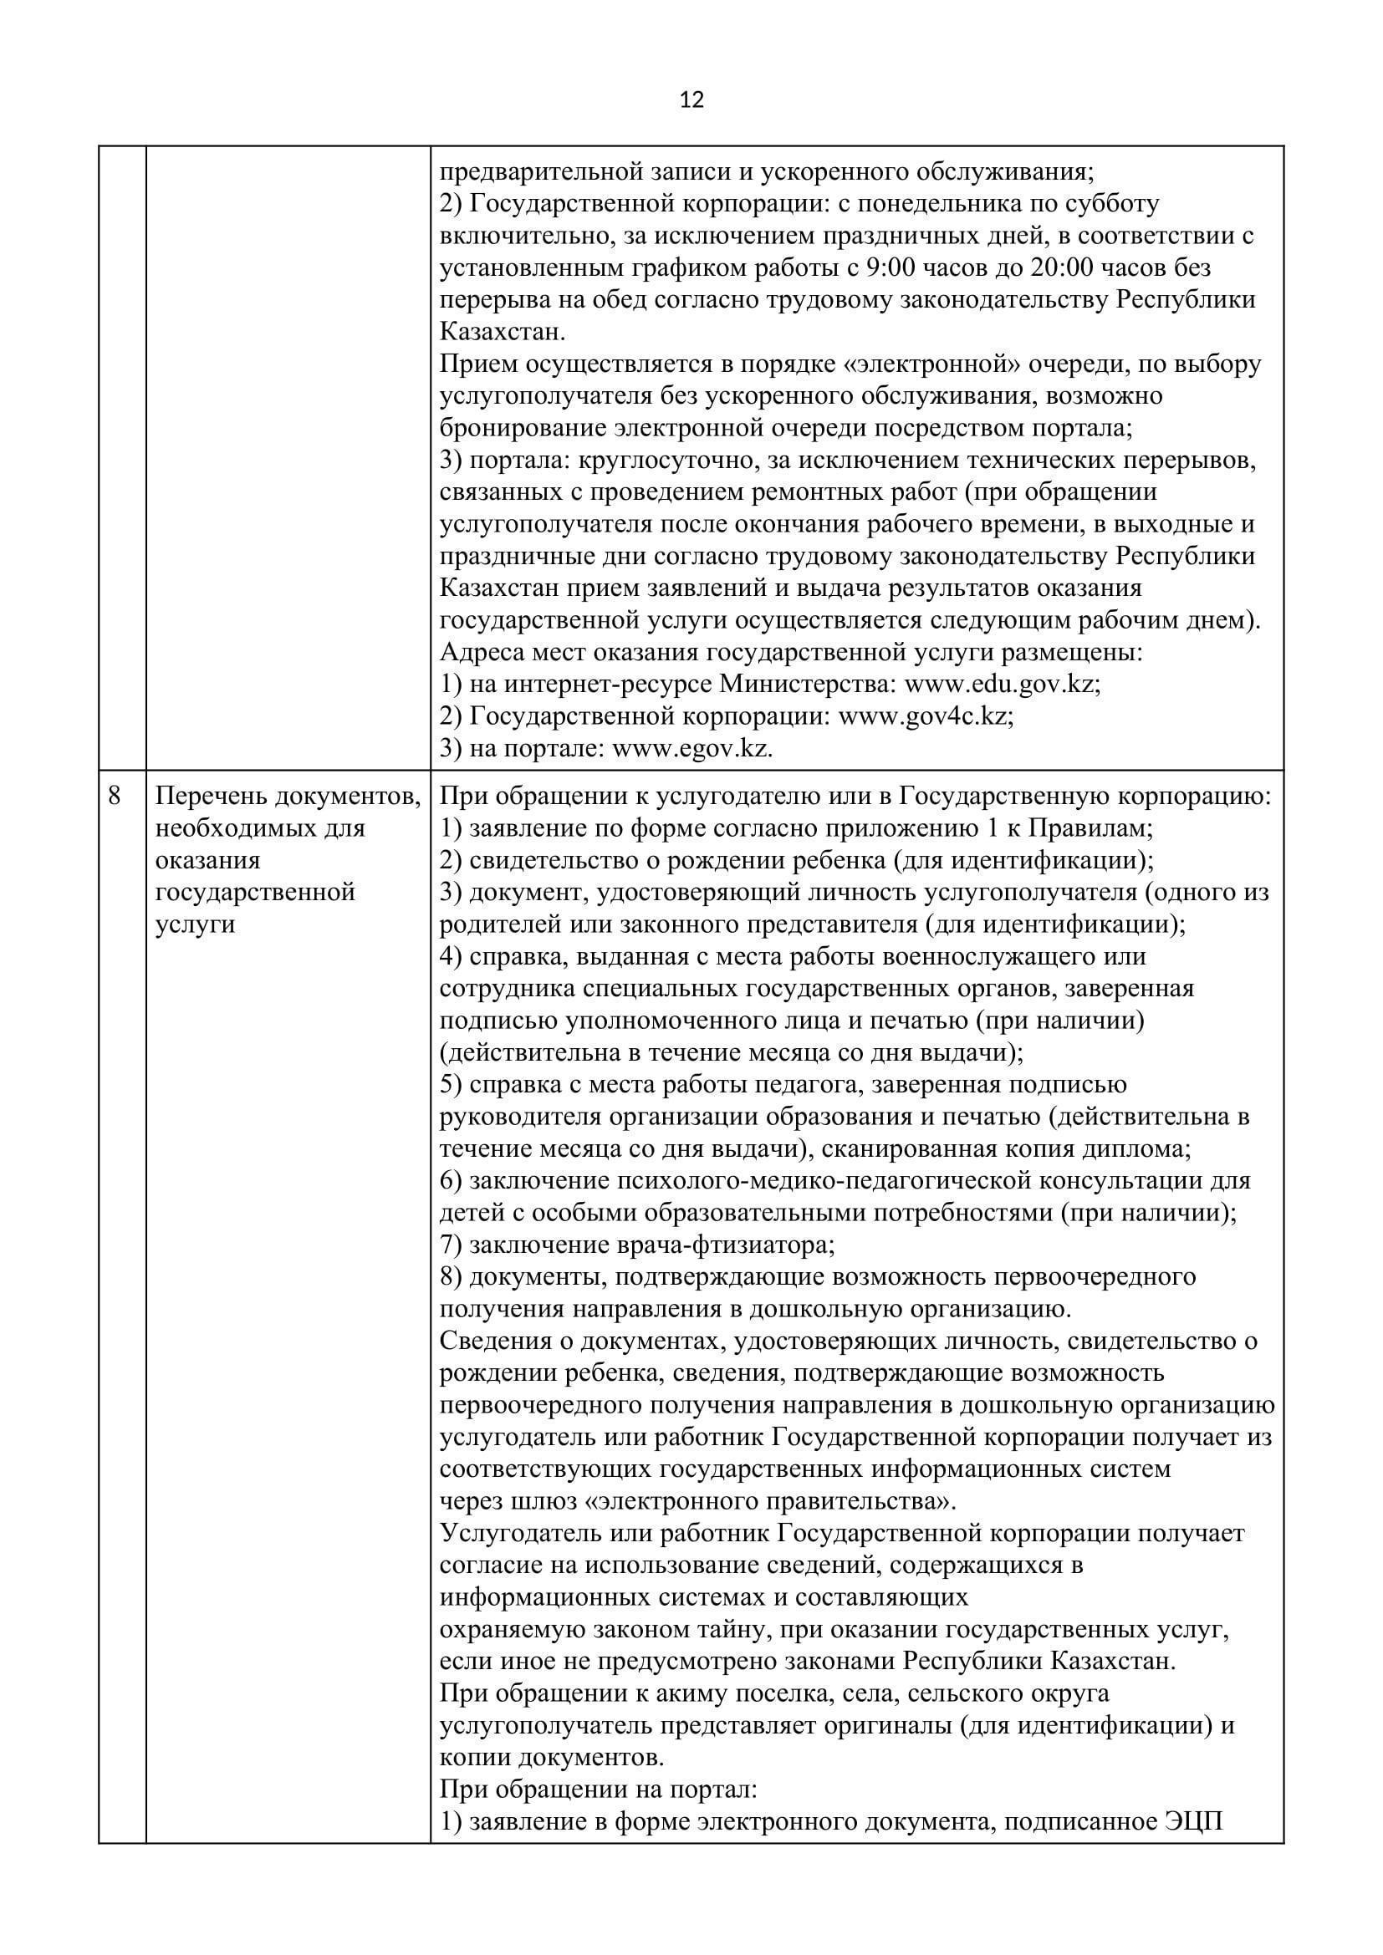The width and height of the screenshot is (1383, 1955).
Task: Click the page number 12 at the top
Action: [692, 100]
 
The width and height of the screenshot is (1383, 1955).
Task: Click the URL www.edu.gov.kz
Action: [1001, 685]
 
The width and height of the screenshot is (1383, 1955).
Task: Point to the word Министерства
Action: [808, 685]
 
